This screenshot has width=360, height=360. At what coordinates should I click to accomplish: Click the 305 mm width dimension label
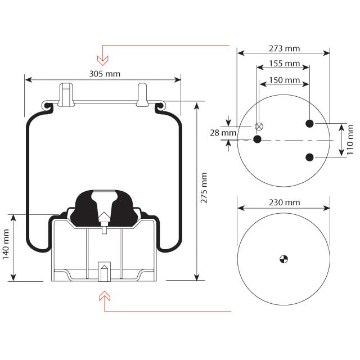pyautogui.click(x=104, y=74)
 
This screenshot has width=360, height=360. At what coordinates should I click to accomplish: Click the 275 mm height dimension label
pyautogui.click(x=204, y=188)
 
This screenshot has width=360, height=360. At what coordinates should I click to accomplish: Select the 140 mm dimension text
pyautogui.click(x=6, y=247)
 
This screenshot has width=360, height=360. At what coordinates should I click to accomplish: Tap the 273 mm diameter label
pyautogui.click(x=284, y=48)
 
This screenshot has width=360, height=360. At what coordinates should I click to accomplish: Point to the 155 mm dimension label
pyautogui.click(x=284, y=64)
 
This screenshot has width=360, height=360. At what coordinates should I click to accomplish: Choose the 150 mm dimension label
pyautogui.click(x=284, y=80)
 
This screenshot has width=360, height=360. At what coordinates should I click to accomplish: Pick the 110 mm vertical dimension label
pyautogui.click(x=352, y=140)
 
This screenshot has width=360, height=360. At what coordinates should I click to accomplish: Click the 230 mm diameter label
pyautogui.click(x=284, y=202)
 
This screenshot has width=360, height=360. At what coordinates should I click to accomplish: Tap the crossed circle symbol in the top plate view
pyautogui.click(x=259, y=126)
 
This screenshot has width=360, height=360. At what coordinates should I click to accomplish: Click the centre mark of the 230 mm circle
pyautogui.click(x=283, y=259)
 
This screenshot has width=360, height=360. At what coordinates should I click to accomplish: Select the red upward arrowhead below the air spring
pyautogui.click(x=103, y=296)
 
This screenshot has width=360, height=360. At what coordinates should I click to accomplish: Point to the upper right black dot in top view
pyautogui.click(x=309, y=123)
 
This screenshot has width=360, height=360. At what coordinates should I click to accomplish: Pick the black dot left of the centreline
pyautogui.click(x=257, y=138)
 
